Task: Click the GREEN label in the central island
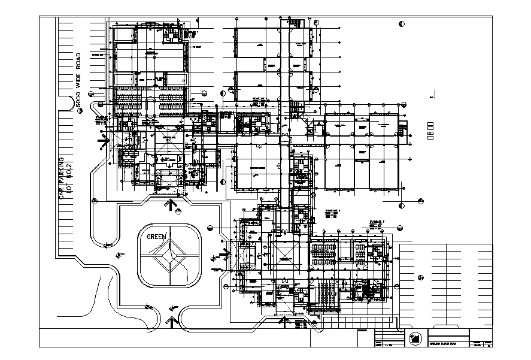(x=156, y=237)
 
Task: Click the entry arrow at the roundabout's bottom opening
(x=172, y=322)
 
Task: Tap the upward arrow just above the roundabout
(x=173, y=206)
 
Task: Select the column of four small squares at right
(x=430, y=132)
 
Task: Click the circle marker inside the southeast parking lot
(x=421, y=278)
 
